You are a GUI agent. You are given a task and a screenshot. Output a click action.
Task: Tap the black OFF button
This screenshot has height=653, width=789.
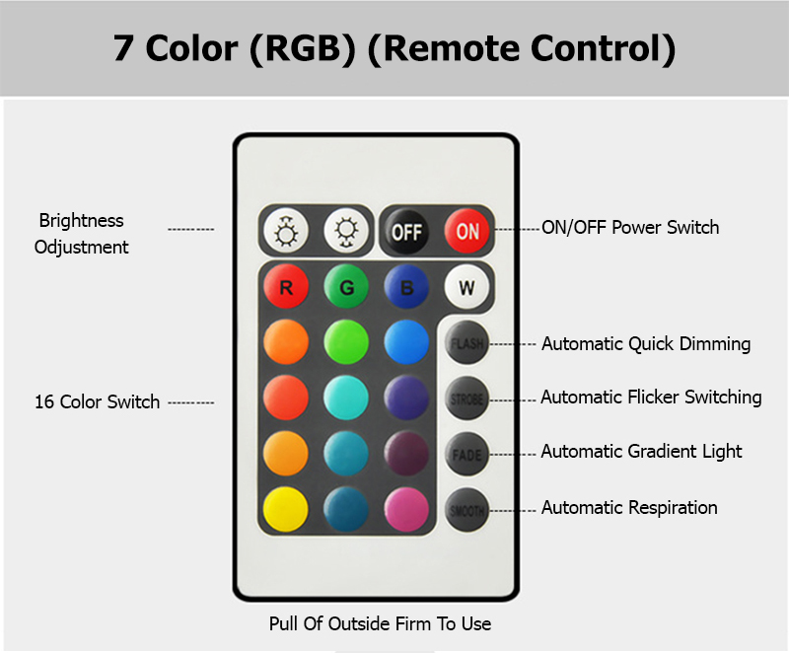click(x=406, y=232)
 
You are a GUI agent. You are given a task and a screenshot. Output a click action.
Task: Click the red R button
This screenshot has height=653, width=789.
click(x=286, y=289)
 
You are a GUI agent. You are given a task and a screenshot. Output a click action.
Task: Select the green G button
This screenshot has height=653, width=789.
click(x=346, y=289)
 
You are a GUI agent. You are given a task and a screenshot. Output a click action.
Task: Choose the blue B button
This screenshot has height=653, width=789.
click(x=405, y=289)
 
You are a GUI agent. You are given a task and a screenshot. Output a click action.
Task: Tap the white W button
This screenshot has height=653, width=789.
click(x=466, y=289)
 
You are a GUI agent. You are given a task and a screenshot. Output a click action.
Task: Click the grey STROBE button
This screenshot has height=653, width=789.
click(x=466, y=399)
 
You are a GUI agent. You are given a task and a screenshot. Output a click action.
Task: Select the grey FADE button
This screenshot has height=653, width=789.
click(x=466, y=455)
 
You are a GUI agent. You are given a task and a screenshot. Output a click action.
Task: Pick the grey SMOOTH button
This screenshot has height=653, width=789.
click(x=466, y=510)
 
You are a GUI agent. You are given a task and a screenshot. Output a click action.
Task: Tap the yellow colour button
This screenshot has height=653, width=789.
click(x=286, y=510)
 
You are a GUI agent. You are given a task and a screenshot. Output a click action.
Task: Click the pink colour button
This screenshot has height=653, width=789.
click(x=406, y=510)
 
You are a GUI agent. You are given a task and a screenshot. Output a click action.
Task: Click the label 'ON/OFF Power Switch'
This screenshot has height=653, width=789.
click(x=630, y=228)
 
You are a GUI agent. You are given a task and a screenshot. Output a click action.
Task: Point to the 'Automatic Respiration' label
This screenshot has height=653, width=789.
click(x=629, y=508)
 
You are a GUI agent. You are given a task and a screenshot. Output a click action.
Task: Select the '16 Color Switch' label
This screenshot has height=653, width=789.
click(x=97, y=402)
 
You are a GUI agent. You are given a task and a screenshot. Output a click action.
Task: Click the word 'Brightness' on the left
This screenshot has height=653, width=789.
click(x=81, y=221)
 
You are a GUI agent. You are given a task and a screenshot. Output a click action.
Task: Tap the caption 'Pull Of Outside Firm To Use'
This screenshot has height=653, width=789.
click(x=380, y=623)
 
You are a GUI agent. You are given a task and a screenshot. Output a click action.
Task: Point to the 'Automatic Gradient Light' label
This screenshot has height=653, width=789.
click(x=641, y=452)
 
